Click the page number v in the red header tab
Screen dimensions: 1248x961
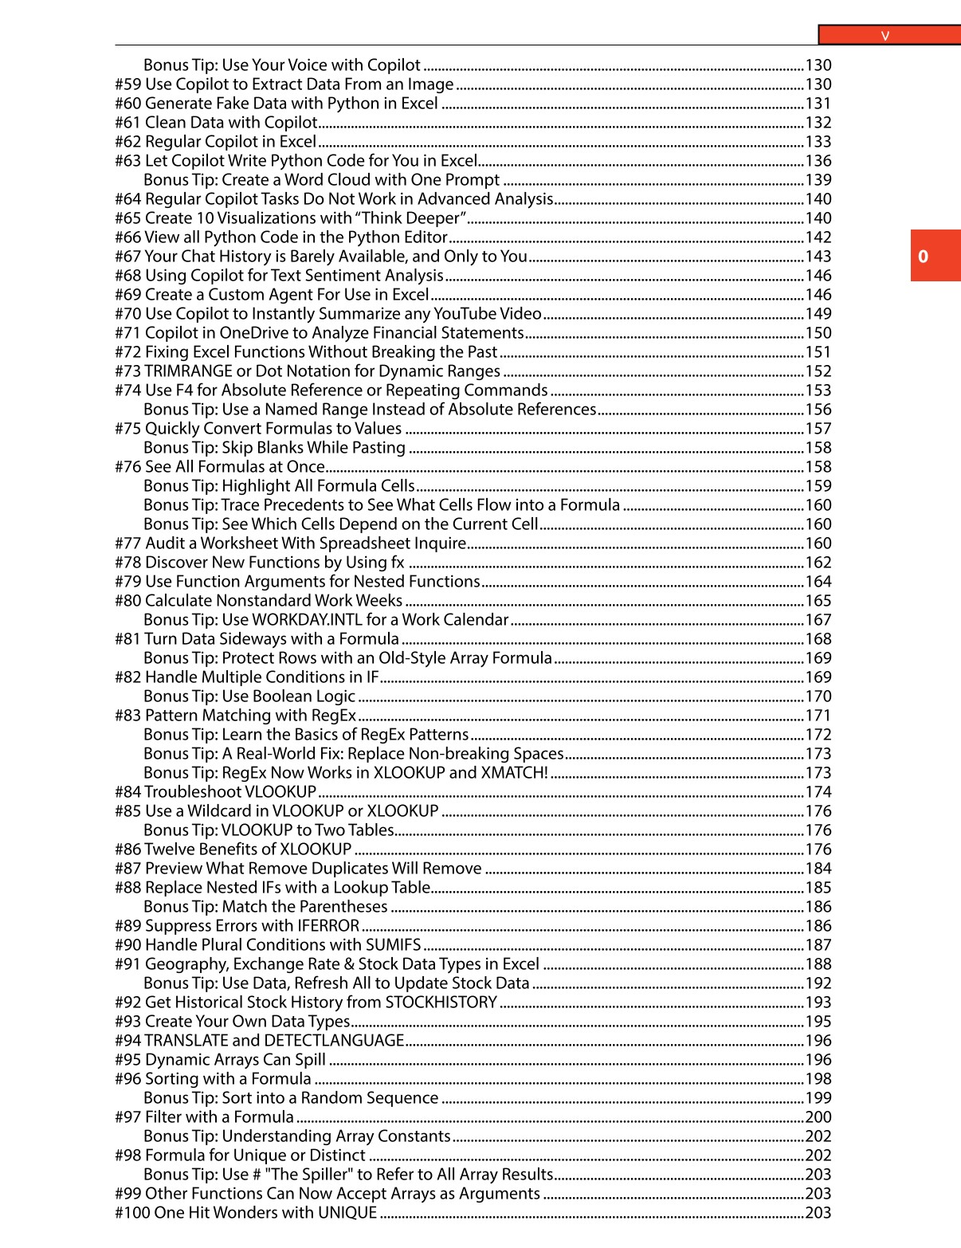point(885,35)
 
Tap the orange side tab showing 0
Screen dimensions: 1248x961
point(923,256)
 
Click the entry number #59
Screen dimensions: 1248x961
point(127,84)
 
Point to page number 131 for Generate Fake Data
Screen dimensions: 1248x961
point(818,104)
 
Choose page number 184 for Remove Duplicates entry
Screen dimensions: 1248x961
point(818,869)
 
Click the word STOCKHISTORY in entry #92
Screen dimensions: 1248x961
point(441,1003)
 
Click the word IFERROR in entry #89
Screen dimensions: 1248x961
point(328,926)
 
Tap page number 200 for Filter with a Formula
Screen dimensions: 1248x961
point(818,1117)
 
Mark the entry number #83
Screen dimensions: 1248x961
point(127,716)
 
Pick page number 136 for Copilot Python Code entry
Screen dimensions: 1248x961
point(818,161)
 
